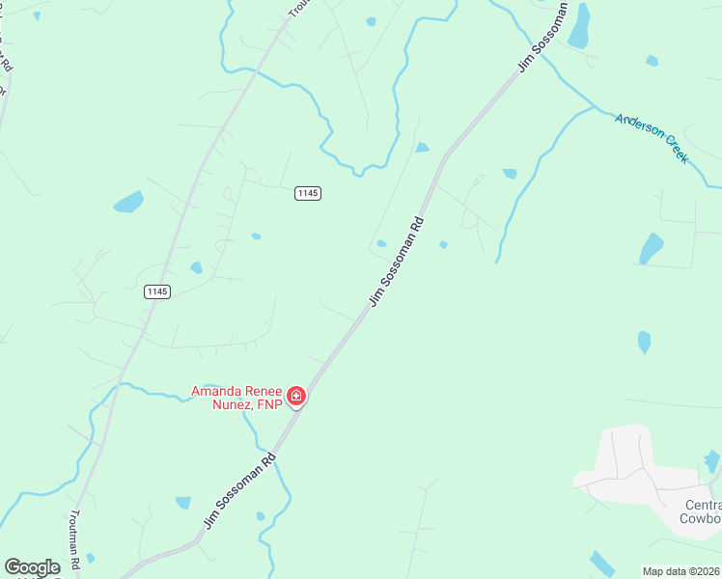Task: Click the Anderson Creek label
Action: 652,139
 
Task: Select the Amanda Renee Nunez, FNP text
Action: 236,398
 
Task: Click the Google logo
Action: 32,567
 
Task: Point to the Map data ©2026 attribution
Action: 681,571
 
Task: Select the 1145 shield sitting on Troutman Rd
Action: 157,291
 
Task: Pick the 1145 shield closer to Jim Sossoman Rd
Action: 308,193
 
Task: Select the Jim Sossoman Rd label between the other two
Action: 396,262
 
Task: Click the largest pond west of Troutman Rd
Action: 128,202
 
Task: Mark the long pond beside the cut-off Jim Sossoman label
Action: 579,27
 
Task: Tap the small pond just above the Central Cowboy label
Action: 711,461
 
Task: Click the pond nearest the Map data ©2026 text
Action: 601,564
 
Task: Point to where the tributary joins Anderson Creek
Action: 591,107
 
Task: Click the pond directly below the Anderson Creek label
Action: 652,248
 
